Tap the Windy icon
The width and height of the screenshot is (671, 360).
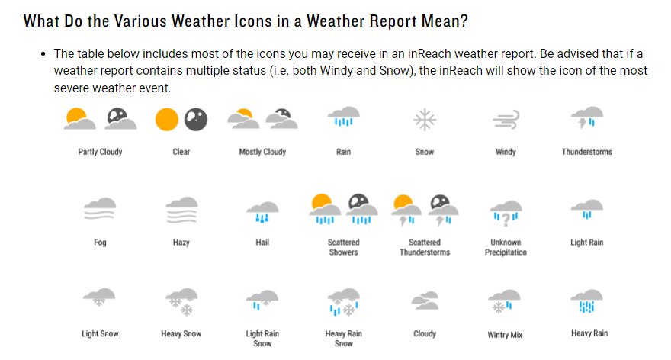506,120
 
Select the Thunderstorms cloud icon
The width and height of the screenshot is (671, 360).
587,118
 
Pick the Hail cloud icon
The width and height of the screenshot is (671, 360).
262,211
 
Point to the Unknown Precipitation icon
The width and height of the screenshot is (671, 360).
506,211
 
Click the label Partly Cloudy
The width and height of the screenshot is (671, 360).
100,152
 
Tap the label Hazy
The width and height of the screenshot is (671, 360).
181,243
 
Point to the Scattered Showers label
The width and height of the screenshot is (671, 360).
343,247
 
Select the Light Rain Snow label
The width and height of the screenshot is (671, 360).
262,338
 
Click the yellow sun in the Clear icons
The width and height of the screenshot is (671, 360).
167,119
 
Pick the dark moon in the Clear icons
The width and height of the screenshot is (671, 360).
195,119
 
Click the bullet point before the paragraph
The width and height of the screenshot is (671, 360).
43,56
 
